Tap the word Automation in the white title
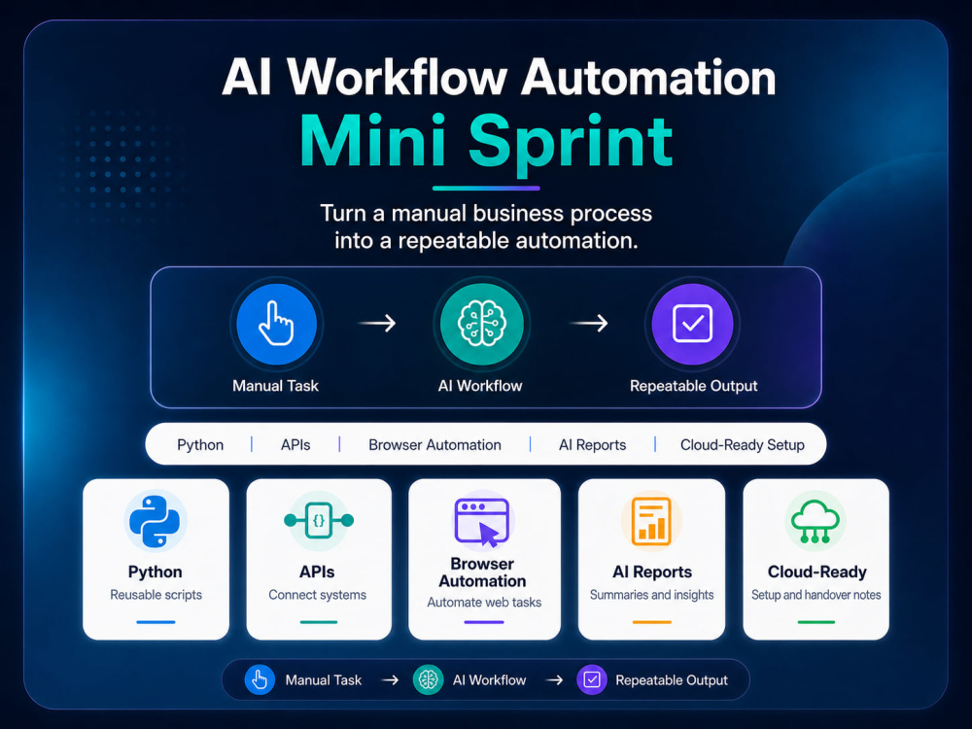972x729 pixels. click(x=647, y=78)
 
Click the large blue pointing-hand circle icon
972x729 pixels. click(x=276, y=324)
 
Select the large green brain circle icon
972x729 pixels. click(x=482, y=324)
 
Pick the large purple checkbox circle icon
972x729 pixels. click(x=692, y=324)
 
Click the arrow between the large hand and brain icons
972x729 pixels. click(x=377, y=323)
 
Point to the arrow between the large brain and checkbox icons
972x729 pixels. click(x=589, y=323)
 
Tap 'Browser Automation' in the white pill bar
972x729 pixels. click(x=434, y=445)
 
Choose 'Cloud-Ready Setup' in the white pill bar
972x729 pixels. click(x=742, y=445)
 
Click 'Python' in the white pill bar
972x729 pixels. click(x=200, y=445)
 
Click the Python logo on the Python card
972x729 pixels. click(x=155, y=521)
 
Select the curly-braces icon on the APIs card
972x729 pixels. click(x=319, y=521)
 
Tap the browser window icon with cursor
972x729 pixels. click(x=482, y=522)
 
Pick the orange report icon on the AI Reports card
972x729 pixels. click(x=651, y=521)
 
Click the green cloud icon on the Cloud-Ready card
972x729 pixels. click(x=816, y=522)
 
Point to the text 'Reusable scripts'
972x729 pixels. click(x=156, y=595)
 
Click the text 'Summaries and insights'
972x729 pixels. click(x=651, y=595)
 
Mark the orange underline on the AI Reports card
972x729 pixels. click(x=651, y=622)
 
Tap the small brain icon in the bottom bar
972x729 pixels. click(x=428, y=680)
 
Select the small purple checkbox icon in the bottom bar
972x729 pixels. click(x=592, y=680)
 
